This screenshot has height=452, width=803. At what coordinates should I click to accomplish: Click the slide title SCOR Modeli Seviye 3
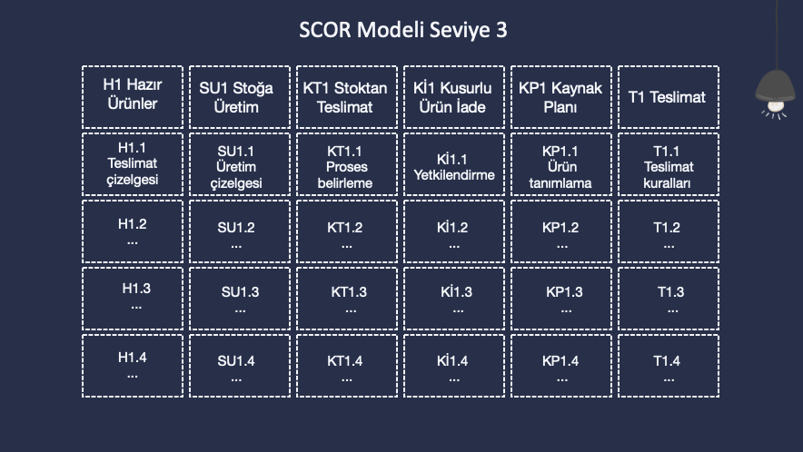(x=403, y=30)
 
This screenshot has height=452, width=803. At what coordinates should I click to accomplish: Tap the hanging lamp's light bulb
(x=776, y=106)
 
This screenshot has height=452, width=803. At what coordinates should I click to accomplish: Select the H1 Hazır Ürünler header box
(x=132, y=97)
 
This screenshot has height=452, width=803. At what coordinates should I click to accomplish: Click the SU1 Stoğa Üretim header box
(x=240, y=97)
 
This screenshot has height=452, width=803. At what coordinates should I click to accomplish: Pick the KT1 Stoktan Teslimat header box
(x=347, y=97)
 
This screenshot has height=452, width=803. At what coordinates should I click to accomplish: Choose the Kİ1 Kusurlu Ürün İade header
(x=454, y=97)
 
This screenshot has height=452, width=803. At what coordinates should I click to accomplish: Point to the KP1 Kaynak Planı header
(x=561, y=97)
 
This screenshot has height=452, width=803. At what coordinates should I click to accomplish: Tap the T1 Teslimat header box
(x=669, y=97)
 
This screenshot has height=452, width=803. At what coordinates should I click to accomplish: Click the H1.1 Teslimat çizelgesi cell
(x=132, y=164)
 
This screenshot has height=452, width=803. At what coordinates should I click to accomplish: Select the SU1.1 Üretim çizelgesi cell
(x=240, y=164)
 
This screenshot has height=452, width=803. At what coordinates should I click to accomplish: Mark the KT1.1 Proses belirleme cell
(x=347, y=164)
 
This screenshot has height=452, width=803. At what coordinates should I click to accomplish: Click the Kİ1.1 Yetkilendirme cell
(x=454, y=164)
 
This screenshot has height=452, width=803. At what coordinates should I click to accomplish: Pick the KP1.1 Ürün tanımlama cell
(x=561, y=164)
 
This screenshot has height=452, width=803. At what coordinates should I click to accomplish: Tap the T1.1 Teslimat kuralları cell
(x=669, y=164)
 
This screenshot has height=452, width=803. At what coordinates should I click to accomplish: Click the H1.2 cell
(x=132, y=231)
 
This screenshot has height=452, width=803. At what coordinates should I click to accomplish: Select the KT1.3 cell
(x=347, y=299)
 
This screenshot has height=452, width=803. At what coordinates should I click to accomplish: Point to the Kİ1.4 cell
(x=454, y=366)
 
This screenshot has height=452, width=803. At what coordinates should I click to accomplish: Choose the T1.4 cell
(x=669, y=366)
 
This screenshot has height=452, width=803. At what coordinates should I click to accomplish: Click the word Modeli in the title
(x=391, y=30)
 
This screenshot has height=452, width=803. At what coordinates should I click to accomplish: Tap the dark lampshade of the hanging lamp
(x=775, y=86)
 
